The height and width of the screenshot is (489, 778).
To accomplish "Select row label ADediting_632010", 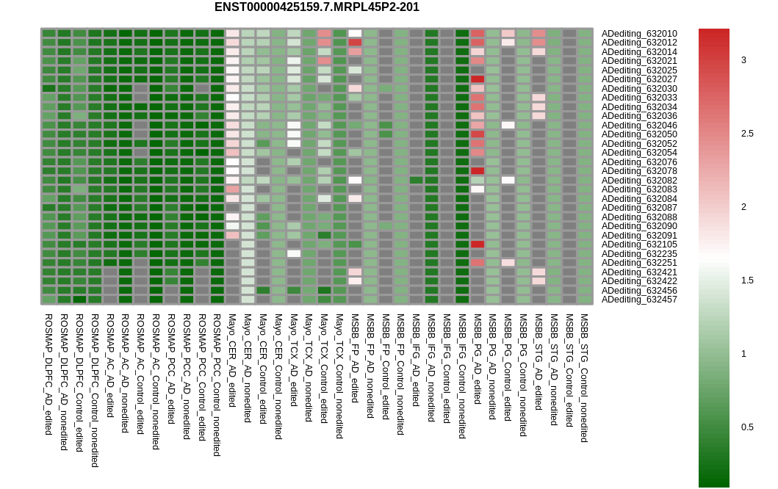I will tap(639, 34).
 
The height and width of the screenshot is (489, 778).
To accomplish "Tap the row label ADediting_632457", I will tap(639, 300).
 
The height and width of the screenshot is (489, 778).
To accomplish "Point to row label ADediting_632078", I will tap(639, 171).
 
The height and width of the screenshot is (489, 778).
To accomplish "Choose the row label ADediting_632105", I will tap(639, 245).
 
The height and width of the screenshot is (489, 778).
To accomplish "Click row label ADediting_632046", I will tap(639, 126).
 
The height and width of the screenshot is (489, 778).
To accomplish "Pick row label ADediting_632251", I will tap(639, 263).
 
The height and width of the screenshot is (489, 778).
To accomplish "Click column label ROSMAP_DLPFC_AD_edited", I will tap(48, 363).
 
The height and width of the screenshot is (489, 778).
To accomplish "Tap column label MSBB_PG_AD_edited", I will tap(478, 359).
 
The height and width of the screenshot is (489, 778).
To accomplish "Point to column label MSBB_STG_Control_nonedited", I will tap(585, 377).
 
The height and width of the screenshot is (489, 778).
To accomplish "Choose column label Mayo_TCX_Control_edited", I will tap(324, 368).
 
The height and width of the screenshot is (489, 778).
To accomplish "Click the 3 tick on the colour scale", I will tap(743, 60).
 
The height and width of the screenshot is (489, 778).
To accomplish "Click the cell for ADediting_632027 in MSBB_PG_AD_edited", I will tap(478, 79).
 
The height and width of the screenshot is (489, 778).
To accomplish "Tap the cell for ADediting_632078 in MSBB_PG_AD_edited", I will tap(478, 171).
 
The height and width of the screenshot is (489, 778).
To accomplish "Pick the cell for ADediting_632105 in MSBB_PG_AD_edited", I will tap(478, 245).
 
